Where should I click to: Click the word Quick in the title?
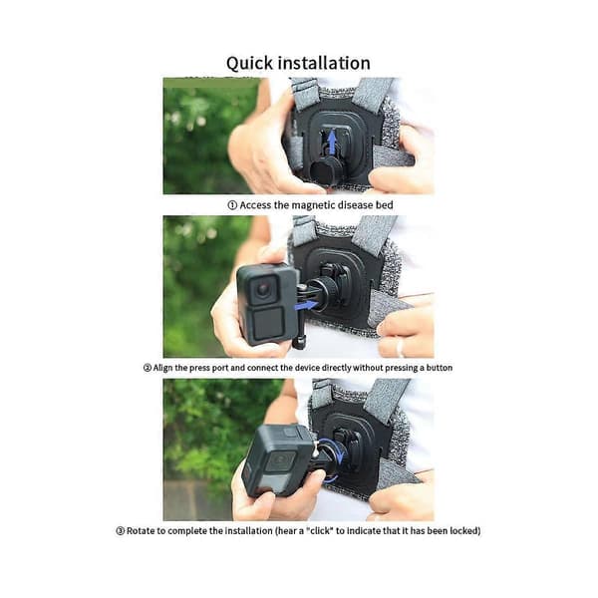[x=249, y=64]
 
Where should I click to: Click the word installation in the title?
[x=325, y=63]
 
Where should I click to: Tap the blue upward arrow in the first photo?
[x=333, y=143]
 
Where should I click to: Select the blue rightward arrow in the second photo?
[x=306, y=306]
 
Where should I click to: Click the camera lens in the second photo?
[x=263, y=289]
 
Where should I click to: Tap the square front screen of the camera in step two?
[x=269, y=324]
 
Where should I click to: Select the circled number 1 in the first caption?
[x=232, y=205]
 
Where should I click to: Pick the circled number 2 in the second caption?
[x=148, y=368]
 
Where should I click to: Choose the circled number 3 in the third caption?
[x=121, y=531]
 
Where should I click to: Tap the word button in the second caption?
[x=440, y=368]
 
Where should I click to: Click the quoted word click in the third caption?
[x=320, y=531]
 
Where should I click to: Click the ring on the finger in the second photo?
[x=400, y=347]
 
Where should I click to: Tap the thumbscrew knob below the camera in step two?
[x=299, y=342]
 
